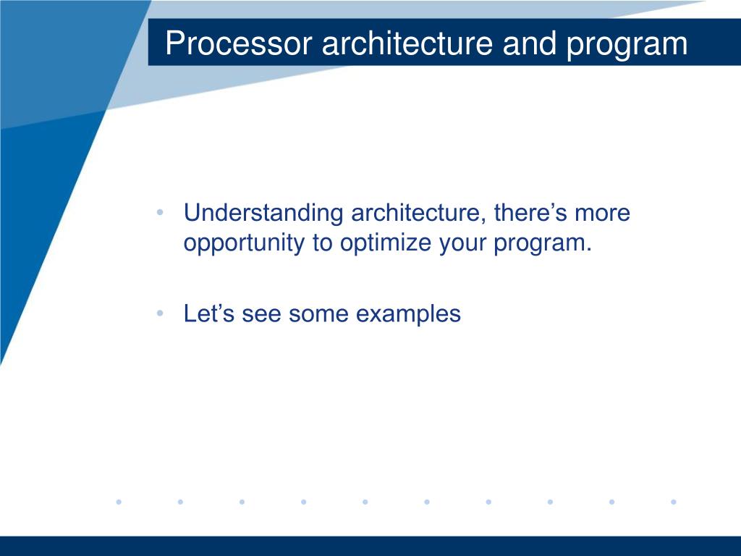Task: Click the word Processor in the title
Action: tap(239, 43)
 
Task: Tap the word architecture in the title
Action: tap(407, 43)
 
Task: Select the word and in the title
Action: tap(529, 43)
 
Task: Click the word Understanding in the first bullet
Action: tap(263, 214)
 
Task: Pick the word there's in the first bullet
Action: tap(530, 212)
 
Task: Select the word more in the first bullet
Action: tap(603, 214)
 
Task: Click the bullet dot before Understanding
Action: tap(160, 212)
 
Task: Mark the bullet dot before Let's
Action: tap(160, 313)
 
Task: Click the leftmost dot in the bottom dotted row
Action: tap(119, 502)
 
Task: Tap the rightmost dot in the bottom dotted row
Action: tap(674, 502)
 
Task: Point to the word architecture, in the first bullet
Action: tap(419, 214)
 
